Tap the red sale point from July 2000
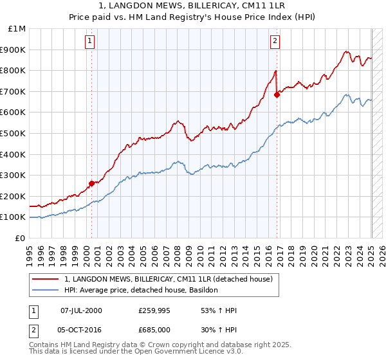[x=91, y=183]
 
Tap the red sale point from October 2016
[x=277, y=94]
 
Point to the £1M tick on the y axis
[x=17, y=29]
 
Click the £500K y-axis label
[x=14, y=134]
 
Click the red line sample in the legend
[x=46, y=279]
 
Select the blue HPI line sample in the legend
[x=46, y=290]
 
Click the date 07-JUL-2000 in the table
[x=81, y=310]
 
